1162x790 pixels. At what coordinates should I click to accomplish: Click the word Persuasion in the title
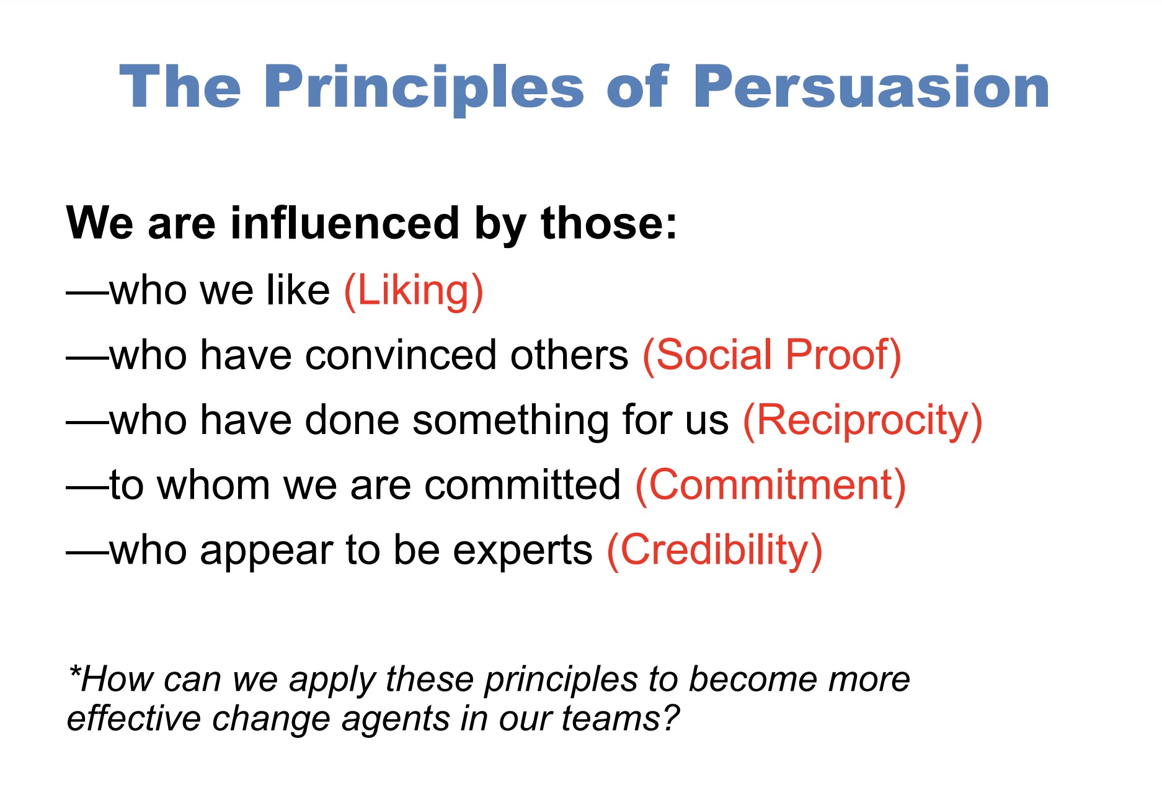coord(871,87)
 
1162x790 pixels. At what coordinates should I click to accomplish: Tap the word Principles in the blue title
coord(424,87)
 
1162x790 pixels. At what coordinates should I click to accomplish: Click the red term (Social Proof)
coord(771,355)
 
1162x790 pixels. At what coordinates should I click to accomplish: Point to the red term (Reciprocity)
coord(863,420)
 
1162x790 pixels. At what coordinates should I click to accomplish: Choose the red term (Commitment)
coord(771,485)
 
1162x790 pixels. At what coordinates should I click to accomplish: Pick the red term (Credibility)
coord(714,550)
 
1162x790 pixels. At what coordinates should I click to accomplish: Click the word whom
coord(213,485)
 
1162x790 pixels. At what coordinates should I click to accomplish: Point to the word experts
coord(522,550)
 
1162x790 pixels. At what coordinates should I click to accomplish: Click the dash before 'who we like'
coord(87,291)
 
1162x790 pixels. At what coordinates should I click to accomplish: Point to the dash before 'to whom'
coord(87,486)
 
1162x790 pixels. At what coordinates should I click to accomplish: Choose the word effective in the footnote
coord(133,719)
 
